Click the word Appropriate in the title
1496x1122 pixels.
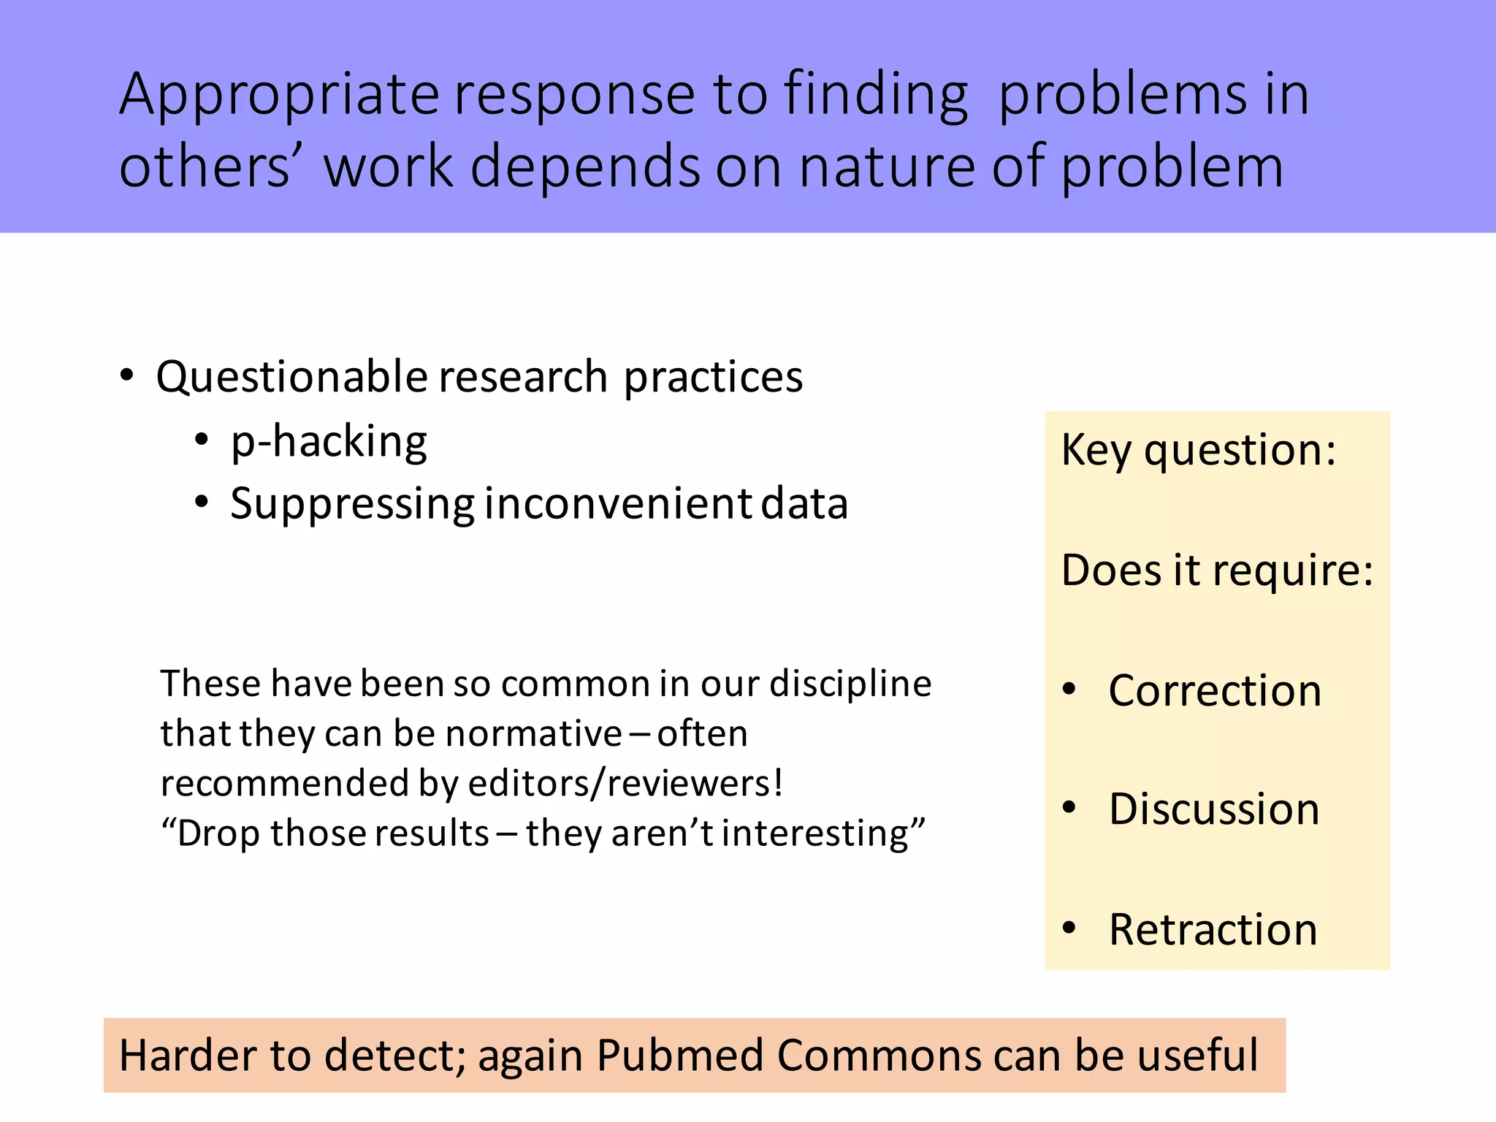279,95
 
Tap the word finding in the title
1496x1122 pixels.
876,95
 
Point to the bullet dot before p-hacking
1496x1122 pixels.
202,440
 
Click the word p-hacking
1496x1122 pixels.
329,442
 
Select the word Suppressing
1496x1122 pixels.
353,504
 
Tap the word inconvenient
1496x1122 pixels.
618,504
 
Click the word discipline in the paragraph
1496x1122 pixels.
850,684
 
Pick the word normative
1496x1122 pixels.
534,733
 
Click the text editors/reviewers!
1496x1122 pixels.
625,783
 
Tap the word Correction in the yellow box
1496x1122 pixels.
1215,690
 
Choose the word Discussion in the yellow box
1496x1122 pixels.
1214,809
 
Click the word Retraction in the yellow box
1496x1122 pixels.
1213,929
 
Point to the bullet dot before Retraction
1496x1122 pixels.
1069,928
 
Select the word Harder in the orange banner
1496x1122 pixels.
187,1056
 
